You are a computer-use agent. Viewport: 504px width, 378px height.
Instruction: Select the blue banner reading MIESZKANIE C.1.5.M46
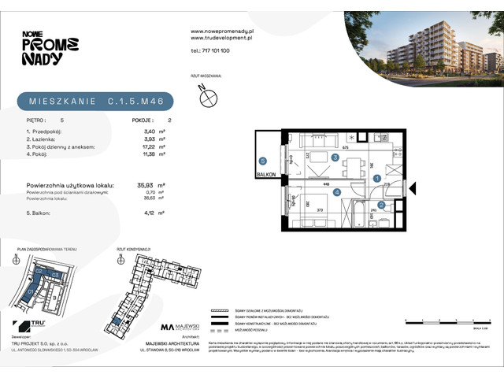[95, 102]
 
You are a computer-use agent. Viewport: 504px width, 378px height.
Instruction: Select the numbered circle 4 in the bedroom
[336, 191]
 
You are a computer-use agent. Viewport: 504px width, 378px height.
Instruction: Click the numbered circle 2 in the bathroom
[381, 205]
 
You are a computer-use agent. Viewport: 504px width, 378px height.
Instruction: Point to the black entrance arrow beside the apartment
[415, 189]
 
